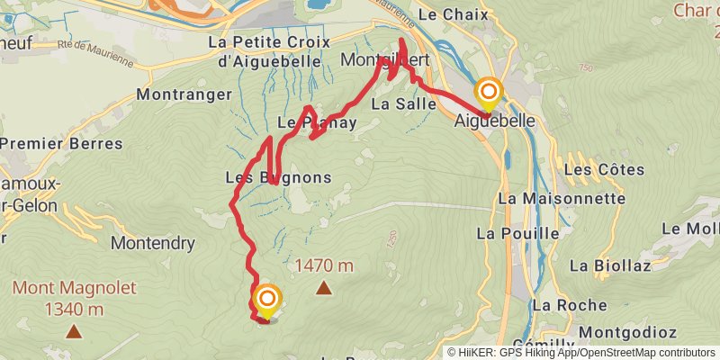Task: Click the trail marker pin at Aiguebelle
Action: pyautogui.click(x=489, y=93)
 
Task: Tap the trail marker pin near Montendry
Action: pyautogui.click(x=267, y=300)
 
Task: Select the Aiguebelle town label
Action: pyautogui.click(x=496, y=121)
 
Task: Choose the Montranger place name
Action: pyautogui.click(x=179, y=94)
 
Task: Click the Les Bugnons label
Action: pyautogui.click(x=277, y=177)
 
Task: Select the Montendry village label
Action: pyautogui.click(x=153, y=243)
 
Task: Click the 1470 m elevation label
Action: pyautogui.click(x=324, y=265)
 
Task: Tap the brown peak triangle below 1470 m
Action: pyautogui.click(x=323, y=288)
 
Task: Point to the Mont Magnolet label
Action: pyautogui.click(x=74, y=288)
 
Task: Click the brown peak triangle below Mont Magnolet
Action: pyautogui.click(x=74, y=331)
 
